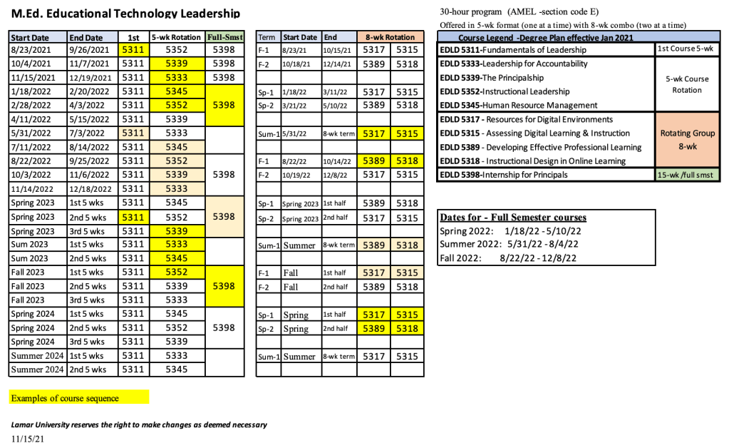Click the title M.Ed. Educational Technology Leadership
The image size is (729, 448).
click(125, 14)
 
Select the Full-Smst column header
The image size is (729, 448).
click(224, 37)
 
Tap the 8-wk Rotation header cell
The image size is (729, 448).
click(390, 37)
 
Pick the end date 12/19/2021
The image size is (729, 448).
click(91, 78)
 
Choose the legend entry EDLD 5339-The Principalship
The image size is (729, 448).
click(492, 78)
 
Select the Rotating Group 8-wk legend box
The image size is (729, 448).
click(686, 140)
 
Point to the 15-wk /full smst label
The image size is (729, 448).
click(686, 175)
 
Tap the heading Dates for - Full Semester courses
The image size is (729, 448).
click(513, 218)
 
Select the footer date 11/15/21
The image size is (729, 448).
click(28, 439)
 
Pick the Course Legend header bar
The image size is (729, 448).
click(545, 37)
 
